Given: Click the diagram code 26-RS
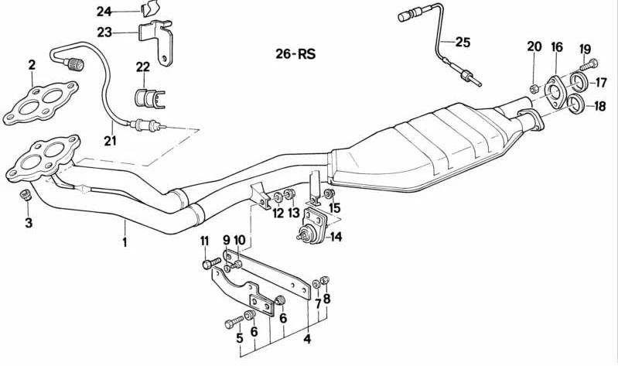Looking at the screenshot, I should click(295, 55).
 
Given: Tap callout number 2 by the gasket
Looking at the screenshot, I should click(32, 65).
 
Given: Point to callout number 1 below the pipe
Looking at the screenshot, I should click(125, 242).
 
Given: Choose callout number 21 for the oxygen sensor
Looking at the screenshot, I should click(110, 140).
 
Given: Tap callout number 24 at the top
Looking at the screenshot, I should click(104, 11).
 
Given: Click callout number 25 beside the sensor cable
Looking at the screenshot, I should click(463, 42).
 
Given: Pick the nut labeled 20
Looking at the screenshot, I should click(534, 85).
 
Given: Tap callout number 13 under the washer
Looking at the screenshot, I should click(293, 213).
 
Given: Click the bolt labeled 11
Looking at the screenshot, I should click(207, 263).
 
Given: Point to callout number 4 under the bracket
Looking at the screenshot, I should click(307, 337).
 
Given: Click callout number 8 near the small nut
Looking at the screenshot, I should click(326, 299).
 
